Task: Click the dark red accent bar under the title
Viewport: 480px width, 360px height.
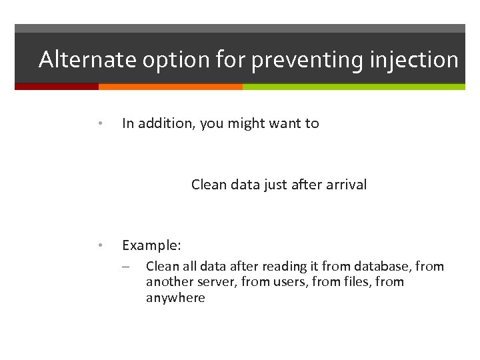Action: click(x=57, y=87)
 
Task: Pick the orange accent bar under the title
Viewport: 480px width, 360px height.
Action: click(x=170, y=87)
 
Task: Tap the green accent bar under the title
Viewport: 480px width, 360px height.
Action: click(x=353, y=87)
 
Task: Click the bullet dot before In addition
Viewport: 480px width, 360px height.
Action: click(x=99, y=123)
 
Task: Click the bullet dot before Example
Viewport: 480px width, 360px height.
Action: click(x=99, y=245)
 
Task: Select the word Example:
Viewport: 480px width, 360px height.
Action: click(x=151, y=245)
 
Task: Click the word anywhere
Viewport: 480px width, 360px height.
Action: click(x=175, y=298)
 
